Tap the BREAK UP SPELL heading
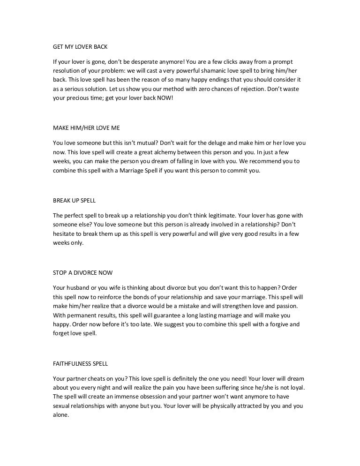75,200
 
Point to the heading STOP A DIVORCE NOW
82,272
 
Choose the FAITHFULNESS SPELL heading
78,363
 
